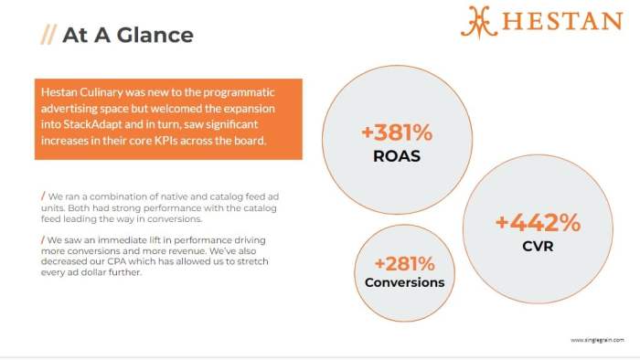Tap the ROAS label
tap(397, 155)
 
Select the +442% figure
tap(538, 222)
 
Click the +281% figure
tap(404, 263)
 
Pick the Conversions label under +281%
tap(404, 282)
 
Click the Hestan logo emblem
tap(479, 21)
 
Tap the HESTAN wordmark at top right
tap(563, 22)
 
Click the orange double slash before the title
tap(48, 36)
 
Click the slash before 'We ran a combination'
tap(43, 196)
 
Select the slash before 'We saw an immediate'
tap(43, 239)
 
